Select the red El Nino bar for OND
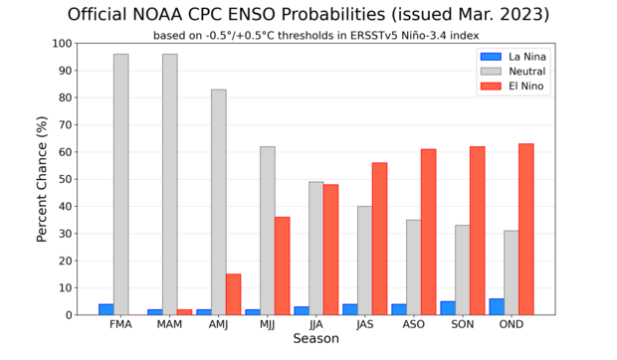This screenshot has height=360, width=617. tap(525, 230)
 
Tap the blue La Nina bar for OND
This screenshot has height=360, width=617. tap(497, 306)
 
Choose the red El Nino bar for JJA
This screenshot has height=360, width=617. tap(330, 250)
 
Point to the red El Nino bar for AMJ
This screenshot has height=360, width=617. tap(233, 294)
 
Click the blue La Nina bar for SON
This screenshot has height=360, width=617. tap(448, 308)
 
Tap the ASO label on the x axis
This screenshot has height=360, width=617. tap(414, 324)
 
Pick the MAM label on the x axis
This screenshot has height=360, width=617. tap(169, 324)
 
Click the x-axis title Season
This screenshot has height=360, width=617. tap(315, 339)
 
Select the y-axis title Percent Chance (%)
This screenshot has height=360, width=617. tap(42, 179)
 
